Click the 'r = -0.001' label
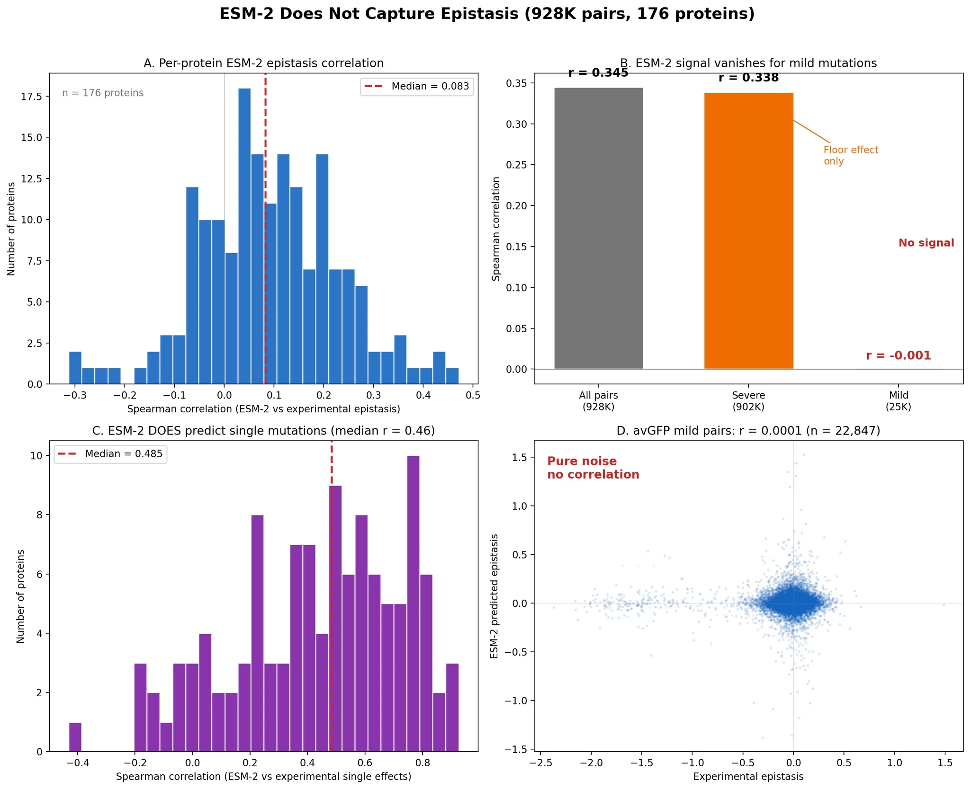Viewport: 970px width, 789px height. pos(898,355)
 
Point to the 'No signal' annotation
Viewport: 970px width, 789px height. pos(926,243)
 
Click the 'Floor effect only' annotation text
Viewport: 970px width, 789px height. pos(851,155)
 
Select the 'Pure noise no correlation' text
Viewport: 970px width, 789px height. pos(593,468)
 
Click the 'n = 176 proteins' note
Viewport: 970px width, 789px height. pos(103,93)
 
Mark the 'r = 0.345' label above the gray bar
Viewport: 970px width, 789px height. pos(598,73)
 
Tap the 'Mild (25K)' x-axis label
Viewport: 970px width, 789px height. pos(898,401)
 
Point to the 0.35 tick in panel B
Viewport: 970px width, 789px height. pos(516,83)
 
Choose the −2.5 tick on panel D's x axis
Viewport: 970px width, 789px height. pos(538,762)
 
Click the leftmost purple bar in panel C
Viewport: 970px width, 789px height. pos(75,736)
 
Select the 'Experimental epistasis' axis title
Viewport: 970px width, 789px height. pos(748,776)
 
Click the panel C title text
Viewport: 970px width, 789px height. pos(263,431)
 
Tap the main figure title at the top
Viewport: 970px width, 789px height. pos(487,14)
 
